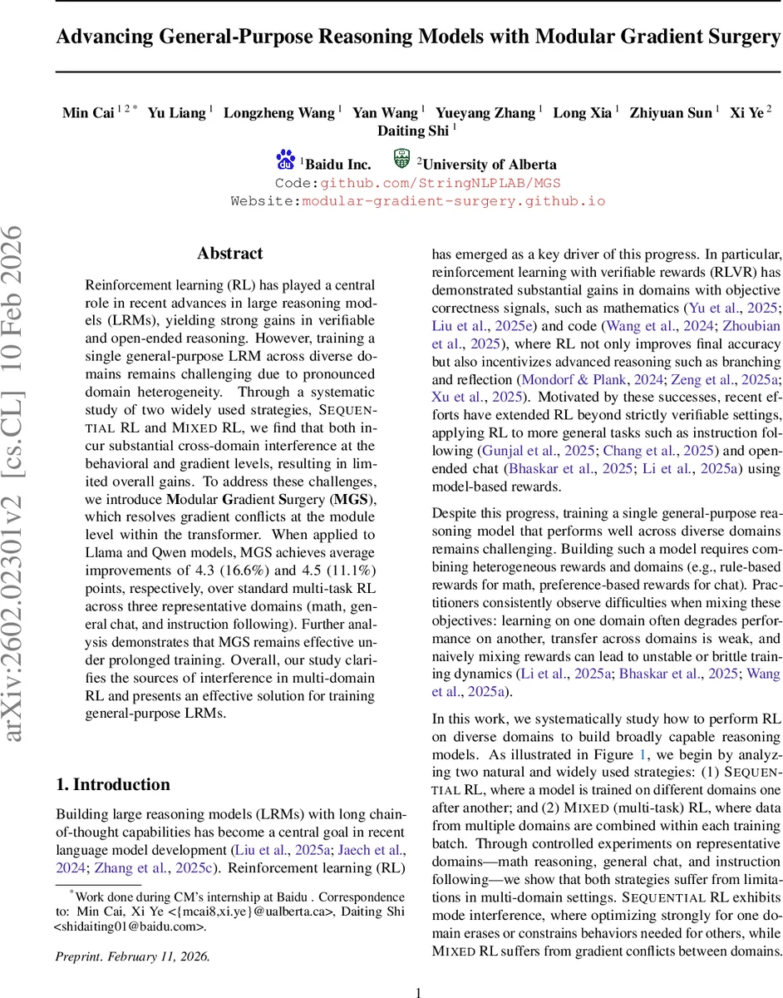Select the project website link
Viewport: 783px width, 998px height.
point(453,201)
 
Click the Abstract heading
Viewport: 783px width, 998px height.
point(230,254)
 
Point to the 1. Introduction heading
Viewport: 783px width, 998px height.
point(112,784)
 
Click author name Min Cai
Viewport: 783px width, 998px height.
point(88,113)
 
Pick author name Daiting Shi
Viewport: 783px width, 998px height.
point(412,131)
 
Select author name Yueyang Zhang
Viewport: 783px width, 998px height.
point(496,113)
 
